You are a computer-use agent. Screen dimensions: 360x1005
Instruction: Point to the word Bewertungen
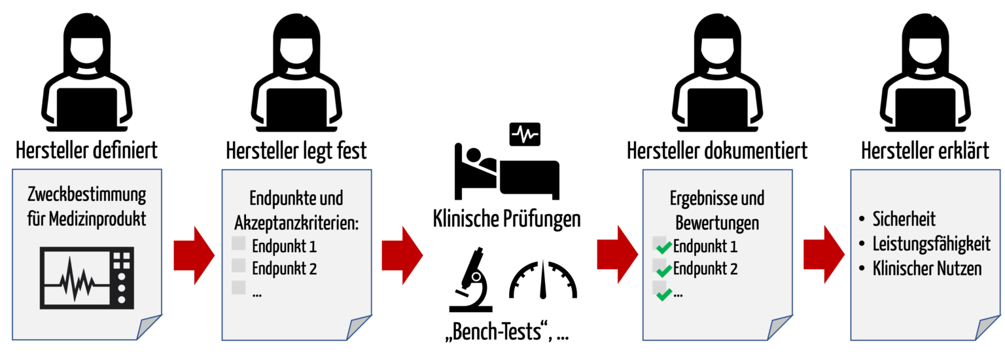pyautogui.click(x=717, y=223)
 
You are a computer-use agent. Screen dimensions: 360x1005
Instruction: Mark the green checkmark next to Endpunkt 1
pyautogui.click(x=663, y=247)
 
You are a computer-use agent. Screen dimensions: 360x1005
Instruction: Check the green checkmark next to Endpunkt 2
pyautogui.click(x=663, y=270)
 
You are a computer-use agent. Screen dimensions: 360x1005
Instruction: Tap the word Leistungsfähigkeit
pyautogui.click(x=932, y=244)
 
